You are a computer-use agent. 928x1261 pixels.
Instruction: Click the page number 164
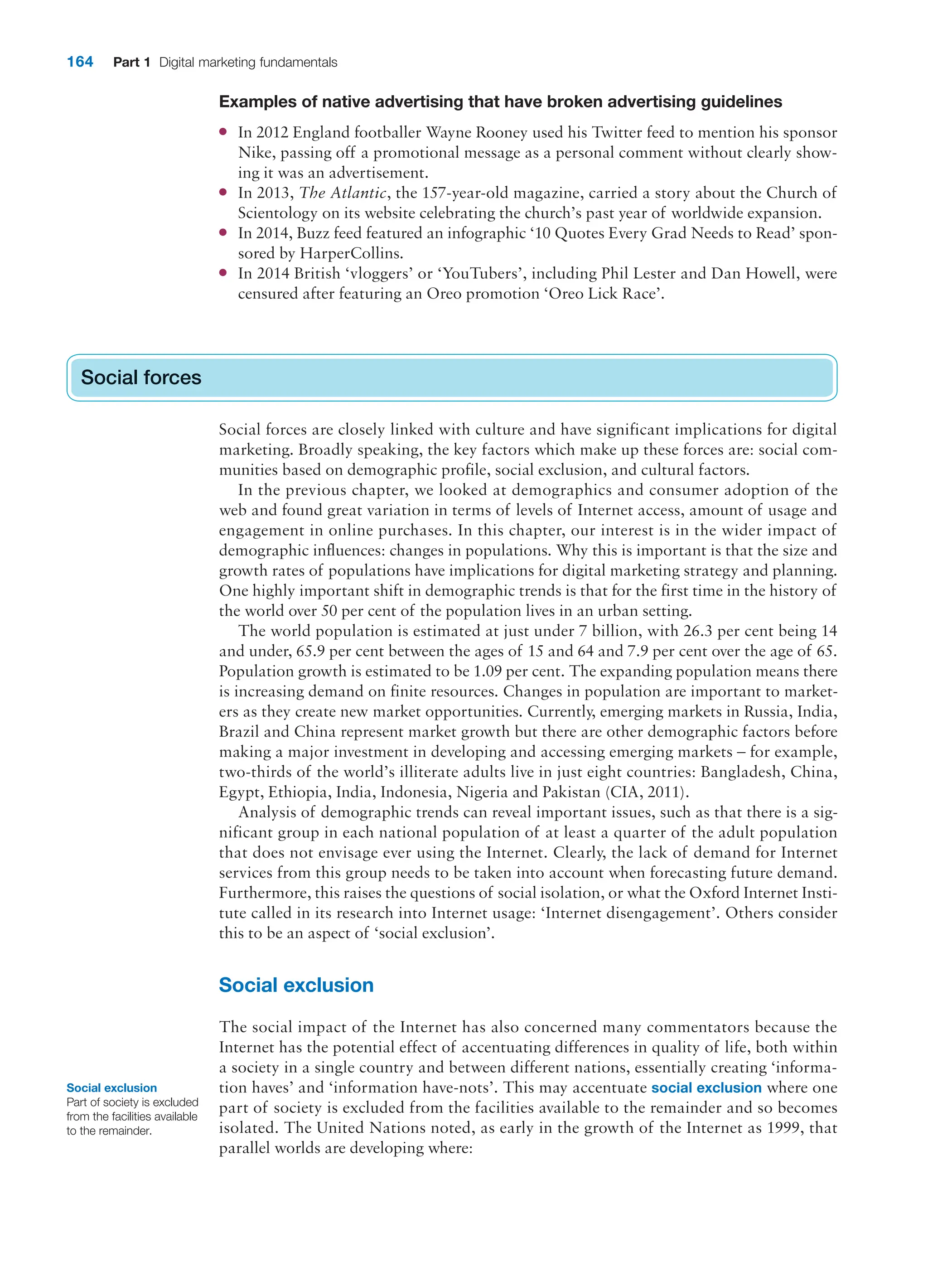pos(80,62)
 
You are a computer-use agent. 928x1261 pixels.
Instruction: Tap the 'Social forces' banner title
pos(140,377)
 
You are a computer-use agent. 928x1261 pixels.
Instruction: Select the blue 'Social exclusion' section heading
pos(296,985)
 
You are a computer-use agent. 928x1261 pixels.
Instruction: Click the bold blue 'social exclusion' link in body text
pos(706,1088)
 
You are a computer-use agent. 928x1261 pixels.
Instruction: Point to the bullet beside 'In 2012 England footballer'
pos(223,132)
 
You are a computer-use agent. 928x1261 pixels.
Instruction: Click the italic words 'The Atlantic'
pos(343,193)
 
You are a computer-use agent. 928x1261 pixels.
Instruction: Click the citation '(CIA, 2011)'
pos(646,792)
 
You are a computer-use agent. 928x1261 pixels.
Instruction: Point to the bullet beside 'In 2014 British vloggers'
pos(223,273)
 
